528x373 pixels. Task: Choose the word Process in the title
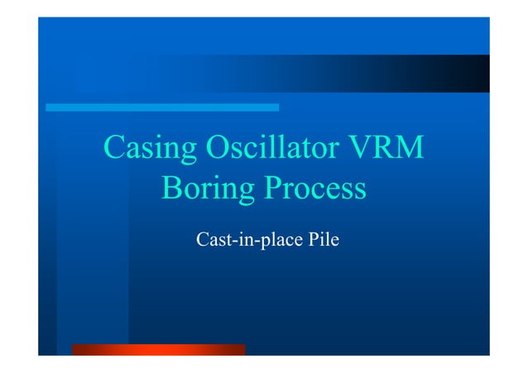(x=315, y=189)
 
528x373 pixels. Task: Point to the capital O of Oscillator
(x=218, y=149)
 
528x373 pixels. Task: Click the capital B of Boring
(x=172, y=189)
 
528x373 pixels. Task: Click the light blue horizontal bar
(x=161, y=108)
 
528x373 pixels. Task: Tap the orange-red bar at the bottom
(x=159, y=350)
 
